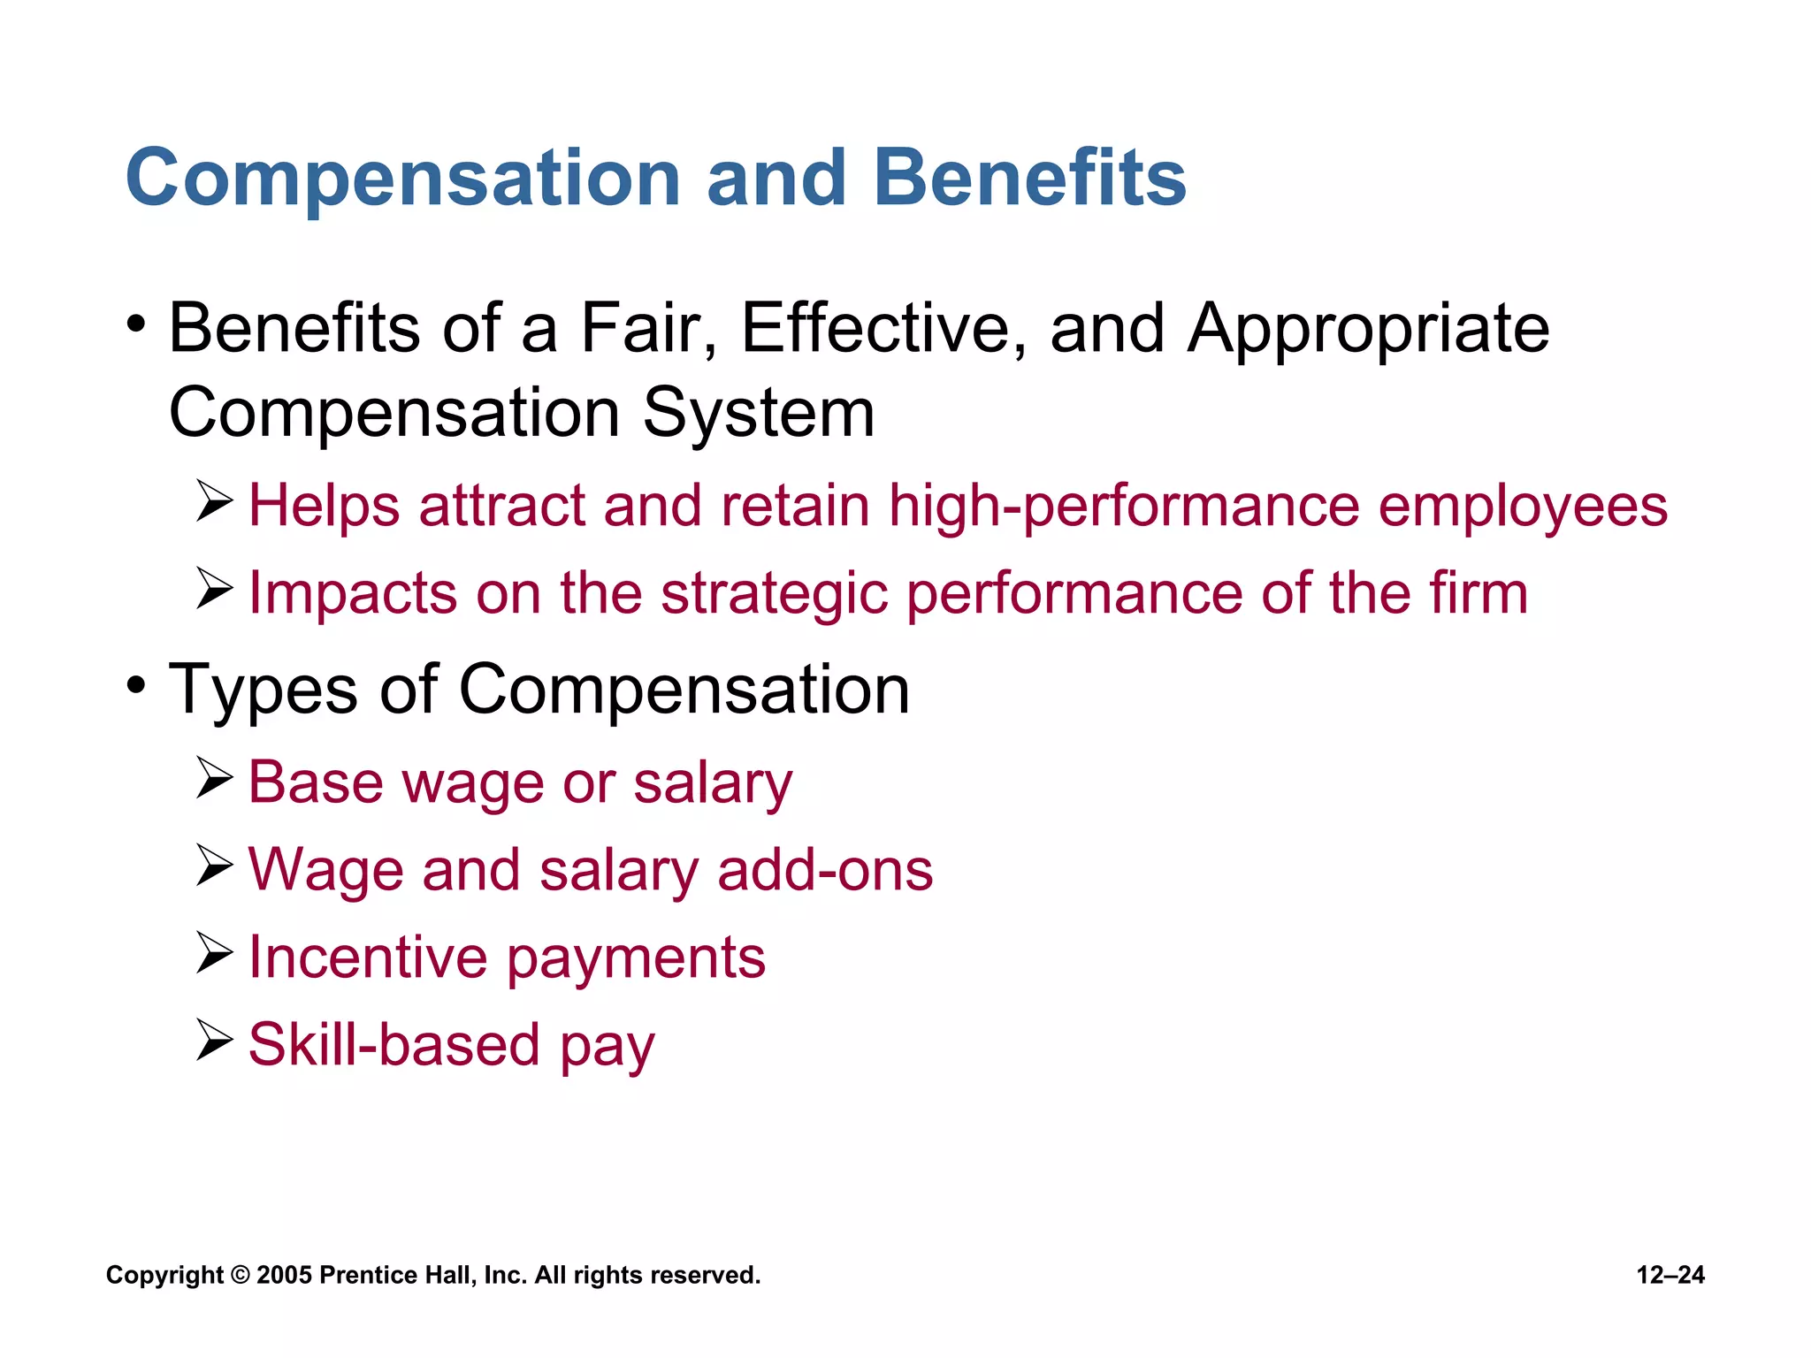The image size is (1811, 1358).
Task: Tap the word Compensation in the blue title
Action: tap(403, 180)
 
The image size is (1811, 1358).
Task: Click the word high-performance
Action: tap(1124, 507)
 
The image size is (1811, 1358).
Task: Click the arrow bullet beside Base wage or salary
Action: tap(214, 778)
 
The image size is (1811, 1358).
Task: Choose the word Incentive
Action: tap(368, 957)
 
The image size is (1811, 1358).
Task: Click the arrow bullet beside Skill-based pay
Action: tap(214, 1040)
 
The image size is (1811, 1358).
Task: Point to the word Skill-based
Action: tap(394, 1044)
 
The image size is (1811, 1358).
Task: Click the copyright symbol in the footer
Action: tap(240, 1275)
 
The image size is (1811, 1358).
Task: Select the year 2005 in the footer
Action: tap(284, 1275)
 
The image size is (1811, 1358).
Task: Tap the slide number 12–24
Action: tap(1670, 1275)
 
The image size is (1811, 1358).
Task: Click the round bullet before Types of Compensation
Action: tap(135, 684)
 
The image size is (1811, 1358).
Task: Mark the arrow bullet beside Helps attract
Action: tap(214, 501)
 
